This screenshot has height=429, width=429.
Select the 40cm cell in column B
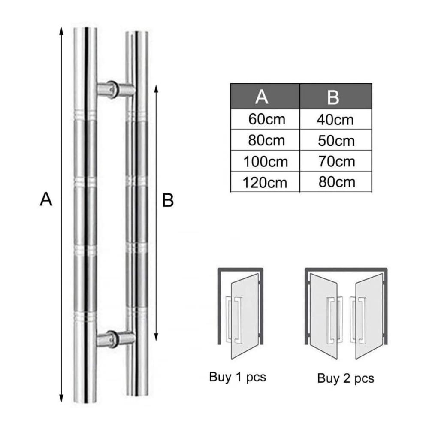(335, 119)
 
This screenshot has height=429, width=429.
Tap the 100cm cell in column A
(266, 161)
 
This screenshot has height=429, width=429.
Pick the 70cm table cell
(336, 161)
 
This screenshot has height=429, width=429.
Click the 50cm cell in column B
(336, 140)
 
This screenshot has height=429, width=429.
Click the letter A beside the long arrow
(46, 199)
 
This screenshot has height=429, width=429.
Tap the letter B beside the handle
(168, 200)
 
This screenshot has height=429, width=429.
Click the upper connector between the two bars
(116, 89)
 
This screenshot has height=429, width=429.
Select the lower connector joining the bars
(116, 340)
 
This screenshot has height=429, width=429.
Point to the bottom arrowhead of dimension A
(61, 399)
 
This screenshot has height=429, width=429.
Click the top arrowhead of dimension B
(156, 89)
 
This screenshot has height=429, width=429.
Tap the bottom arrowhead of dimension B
(156, 337)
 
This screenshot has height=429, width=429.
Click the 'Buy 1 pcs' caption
(238, 377)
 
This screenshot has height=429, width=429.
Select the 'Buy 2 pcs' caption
(345, 378)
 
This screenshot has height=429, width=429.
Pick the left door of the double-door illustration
(323, 316)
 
